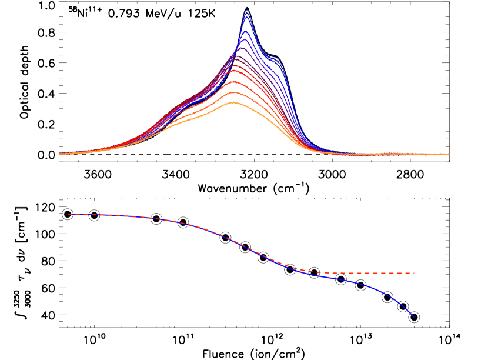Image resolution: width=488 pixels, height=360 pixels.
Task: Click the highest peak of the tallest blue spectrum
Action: (246, 9)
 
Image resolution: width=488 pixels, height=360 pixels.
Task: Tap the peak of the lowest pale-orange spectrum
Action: (233, 102)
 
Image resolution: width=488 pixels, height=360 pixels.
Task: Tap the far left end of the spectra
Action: (59, 154)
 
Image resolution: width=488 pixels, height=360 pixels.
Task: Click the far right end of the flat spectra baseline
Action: (449, 154)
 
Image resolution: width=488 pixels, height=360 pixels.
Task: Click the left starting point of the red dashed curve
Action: (68, 214)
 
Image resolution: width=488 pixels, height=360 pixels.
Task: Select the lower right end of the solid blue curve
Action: (413, 316)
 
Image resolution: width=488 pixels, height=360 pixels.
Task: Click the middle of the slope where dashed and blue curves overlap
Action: (235, 242)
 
